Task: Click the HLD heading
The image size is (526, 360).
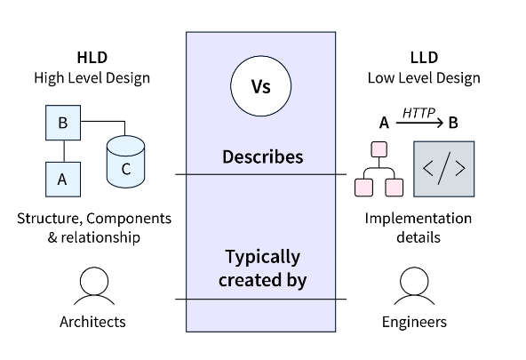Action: point(92,58)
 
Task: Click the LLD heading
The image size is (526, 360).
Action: point(424,58)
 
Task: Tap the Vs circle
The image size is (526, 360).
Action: point(261,86)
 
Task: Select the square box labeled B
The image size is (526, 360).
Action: point(63,123)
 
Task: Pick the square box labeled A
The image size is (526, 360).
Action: point(63,180)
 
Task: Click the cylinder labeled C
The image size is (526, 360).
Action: point(126,162)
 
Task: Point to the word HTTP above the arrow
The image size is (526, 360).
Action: point(418,113)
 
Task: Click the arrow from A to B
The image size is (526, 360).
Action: point(419,124)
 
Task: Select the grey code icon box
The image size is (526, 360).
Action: point(444,169)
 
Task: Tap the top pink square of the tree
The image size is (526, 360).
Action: point(379,149)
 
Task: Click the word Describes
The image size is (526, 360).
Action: point(263,156)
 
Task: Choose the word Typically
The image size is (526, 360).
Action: point(263,258)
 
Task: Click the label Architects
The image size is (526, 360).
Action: point(92,322)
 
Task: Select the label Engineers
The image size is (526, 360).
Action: point(414,322)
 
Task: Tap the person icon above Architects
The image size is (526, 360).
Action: point(94,285)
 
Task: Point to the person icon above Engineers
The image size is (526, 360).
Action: point(414,285)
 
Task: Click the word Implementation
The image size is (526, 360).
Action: point(418,219)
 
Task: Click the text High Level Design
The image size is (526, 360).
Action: point(92,78)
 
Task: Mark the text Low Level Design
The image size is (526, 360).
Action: point(424,78)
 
